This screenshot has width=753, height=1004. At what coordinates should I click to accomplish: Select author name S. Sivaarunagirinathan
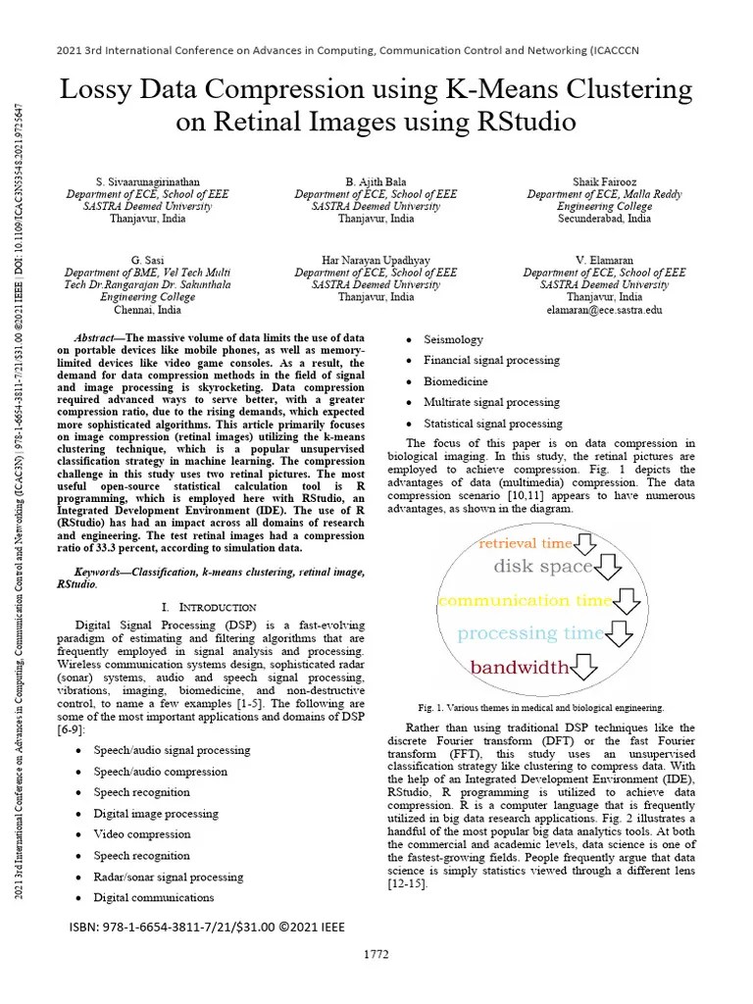pyautogui.click(x=147, y=182)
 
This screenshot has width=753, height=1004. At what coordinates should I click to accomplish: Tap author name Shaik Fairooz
pyautogui.click(x=604, y=182)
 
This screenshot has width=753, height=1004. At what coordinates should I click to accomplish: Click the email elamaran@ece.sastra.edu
pyautogui.click(x=604, y=309)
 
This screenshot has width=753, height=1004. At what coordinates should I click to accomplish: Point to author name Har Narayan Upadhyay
pyautogui.click(x=376, y=260)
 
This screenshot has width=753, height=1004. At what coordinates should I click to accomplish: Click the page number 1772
pyautogui.click(x=376, y=954)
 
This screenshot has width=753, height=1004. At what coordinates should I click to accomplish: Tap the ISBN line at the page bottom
pyautogui.click(x=207, y=927)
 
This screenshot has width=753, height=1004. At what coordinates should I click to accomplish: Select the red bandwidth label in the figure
pyautogui.click(x=519, y=668)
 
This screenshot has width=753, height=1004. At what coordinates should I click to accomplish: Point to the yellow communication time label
pyautogui.click(x=525, y=600)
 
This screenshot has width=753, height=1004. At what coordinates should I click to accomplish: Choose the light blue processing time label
pyautogui.click(x=530, y=633)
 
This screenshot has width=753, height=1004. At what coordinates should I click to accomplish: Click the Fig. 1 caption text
pyautogui.click(x=540, y=707)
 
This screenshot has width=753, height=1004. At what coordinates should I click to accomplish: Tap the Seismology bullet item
pyautogui.click(x=453, y=339)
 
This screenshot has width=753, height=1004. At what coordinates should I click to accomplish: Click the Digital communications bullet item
pyautogui.click(x=153, y=897)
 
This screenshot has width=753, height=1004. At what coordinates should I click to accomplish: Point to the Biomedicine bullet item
pyautogui.click(x=455, y=381)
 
